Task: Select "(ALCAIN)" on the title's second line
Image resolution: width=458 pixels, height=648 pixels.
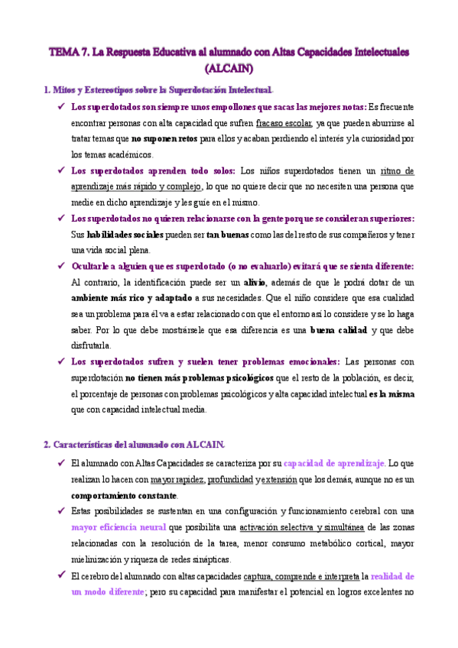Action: [229, 68]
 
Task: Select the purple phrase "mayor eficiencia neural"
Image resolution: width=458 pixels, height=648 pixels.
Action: [119, 527]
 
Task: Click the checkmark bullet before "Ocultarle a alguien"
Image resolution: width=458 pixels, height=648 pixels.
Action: [60, 266]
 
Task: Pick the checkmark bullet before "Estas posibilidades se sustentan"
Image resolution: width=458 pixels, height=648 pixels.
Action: [60, 511]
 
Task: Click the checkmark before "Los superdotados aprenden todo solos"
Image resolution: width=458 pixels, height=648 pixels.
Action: [60, 170]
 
